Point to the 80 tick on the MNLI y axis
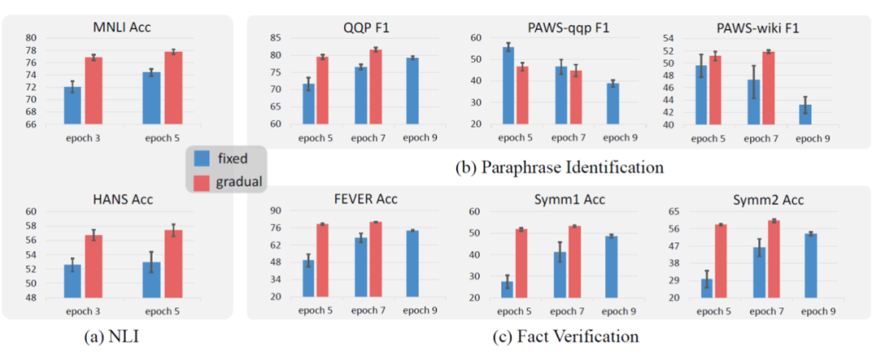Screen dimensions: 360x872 31,38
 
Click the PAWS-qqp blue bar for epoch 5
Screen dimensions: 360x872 508,86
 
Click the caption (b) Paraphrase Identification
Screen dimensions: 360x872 559,167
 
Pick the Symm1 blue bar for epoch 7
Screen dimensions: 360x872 560,274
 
